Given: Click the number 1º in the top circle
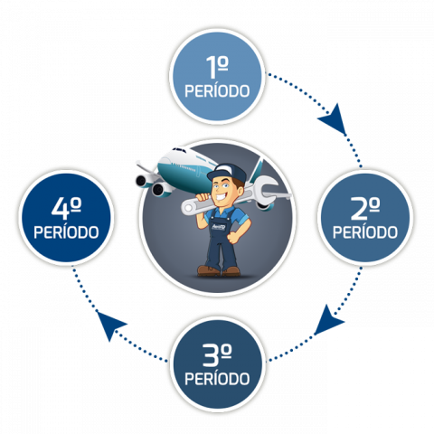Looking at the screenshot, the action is (217, 68).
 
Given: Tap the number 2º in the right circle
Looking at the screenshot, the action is (365, 209).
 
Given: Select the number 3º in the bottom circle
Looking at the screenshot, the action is (217, 355).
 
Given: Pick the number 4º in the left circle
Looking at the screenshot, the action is (66, 209).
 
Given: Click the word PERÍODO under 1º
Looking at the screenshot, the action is (217, 90).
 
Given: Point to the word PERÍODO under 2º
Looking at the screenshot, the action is (365, 232).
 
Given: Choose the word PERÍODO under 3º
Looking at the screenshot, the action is (217, 379).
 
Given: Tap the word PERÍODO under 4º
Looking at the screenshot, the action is (66, 232).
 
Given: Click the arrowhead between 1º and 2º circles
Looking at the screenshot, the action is (334, 119).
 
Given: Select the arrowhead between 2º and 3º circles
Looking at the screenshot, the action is (328, 321).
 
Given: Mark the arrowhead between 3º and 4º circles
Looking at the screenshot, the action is (109, 325).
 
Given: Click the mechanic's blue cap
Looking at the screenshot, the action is (227, 173).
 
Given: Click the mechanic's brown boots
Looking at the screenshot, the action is (219, 270).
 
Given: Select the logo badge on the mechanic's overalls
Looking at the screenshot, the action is (219, 227).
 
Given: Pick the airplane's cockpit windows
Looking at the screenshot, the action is (179, 150).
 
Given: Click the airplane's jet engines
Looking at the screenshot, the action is (152, 185).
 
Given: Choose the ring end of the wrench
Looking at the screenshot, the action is (189, 207).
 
